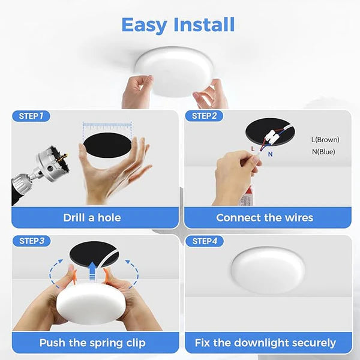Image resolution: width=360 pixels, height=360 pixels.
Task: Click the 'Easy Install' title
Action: point(178,25)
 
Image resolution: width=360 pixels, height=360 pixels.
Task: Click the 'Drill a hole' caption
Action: point(92,218)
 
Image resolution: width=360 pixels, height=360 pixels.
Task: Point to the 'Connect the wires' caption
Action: point(265,218)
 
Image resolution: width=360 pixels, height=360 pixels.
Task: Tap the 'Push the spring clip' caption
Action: point(92,343)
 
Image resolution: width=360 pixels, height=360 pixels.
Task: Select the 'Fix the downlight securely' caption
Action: point(265,343)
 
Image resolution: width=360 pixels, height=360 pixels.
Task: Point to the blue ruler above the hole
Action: point(107,127)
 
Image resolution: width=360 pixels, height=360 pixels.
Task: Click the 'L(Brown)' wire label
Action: point(325,139)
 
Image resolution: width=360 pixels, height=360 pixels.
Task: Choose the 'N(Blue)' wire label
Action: point(323,152)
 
